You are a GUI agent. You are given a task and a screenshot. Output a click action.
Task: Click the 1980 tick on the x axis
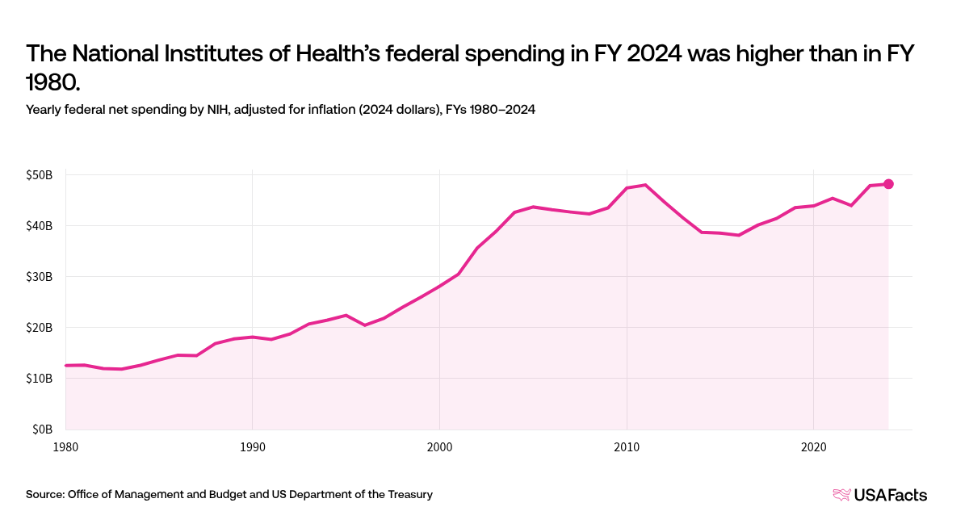(x=66, y=446)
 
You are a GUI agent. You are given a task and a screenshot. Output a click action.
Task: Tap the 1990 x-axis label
(x=252, y=446)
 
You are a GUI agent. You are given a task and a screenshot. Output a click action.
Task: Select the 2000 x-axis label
(x=439, y=446)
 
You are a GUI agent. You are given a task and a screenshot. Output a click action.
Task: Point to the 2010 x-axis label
(x=626, y=446)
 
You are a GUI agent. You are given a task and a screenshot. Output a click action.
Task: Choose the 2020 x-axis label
(x=813, y=446)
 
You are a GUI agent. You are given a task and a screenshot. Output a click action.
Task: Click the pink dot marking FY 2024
(x=888, y=184)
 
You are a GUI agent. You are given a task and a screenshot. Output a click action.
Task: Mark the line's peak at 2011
(x=645, y=185)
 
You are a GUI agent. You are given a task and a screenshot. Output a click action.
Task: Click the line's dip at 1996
(x=365, y=325)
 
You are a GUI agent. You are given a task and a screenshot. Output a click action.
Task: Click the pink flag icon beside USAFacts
(x=841, y=495)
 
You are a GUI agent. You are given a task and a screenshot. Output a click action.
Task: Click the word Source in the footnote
(x=45, y=495)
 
